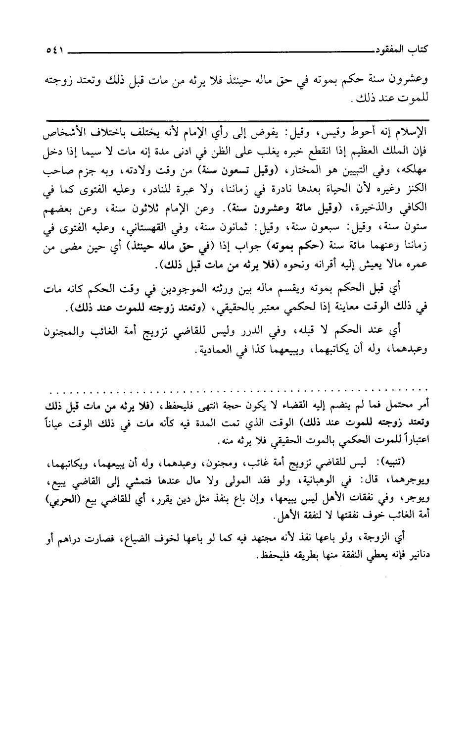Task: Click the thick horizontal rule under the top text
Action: [x=236, y=119]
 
